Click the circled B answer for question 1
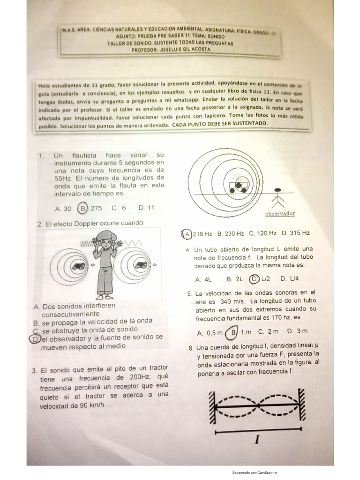[83, 208]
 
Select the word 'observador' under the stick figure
[280, 214]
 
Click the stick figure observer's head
[280, 191]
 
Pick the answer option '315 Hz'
[300, 233]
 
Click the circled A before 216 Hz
[187, 233]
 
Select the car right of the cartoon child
[140, 265]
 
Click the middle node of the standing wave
[257, 404]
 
